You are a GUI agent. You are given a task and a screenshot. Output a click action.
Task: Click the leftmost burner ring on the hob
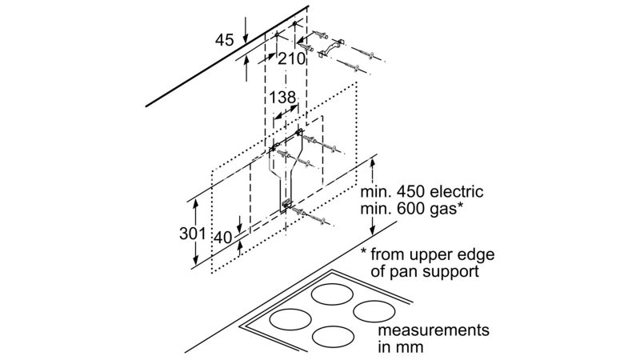(x=290, y=320)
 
